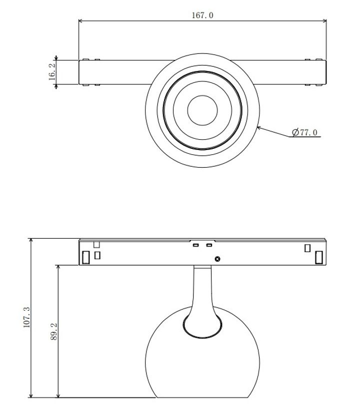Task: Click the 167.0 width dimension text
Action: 202,15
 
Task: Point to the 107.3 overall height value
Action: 27,318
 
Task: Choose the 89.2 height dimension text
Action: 54,332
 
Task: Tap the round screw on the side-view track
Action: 217,259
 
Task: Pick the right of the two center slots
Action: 209,246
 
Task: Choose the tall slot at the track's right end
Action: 318,257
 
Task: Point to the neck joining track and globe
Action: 202,290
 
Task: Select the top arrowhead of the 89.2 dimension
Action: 58,267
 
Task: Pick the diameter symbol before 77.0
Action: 295,132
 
